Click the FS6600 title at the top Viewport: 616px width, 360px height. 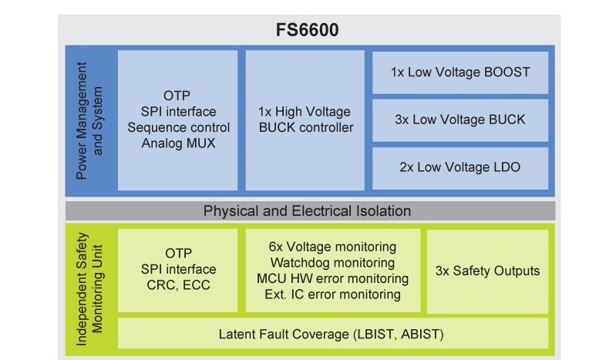point(308,31)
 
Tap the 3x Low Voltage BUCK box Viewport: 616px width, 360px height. point(459,119)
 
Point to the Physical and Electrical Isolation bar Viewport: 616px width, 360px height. point(307,210)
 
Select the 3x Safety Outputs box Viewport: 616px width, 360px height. point(487,271)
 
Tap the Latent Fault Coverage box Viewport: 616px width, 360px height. point(332,334)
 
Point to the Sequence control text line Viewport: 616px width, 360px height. point(178,127)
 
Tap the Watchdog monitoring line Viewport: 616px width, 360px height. point(332,263)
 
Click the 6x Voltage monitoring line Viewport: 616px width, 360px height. point(332,247)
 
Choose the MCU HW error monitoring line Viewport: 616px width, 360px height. point(332,278)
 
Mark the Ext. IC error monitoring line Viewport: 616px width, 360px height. point(332,294)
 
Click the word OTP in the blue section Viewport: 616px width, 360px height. point(178,96)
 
